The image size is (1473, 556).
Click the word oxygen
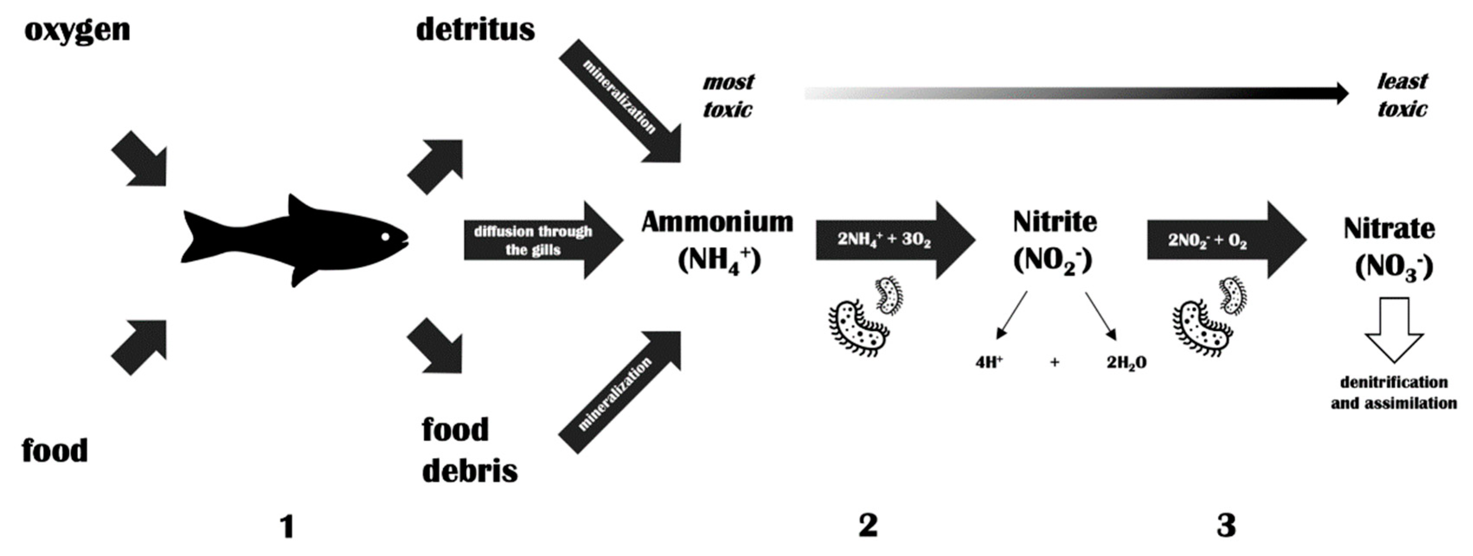coord(77,30)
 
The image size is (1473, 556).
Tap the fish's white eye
coord(385,236)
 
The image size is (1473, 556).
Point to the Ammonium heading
coord(717,222)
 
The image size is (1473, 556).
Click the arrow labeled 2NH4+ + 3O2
coord(892,240)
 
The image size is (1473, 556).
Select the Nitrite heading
coord(1055,222)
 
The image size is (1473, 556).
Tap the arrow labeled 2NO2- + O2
coord(1224,240)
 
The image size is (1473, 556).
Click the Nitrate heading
coord(1389,229)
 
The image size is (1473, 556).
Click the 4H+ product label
coord(989,362)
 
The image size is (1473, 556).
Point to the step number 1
coord(287,526)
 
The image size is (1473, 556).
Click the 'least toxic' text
coord(1402,95)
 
